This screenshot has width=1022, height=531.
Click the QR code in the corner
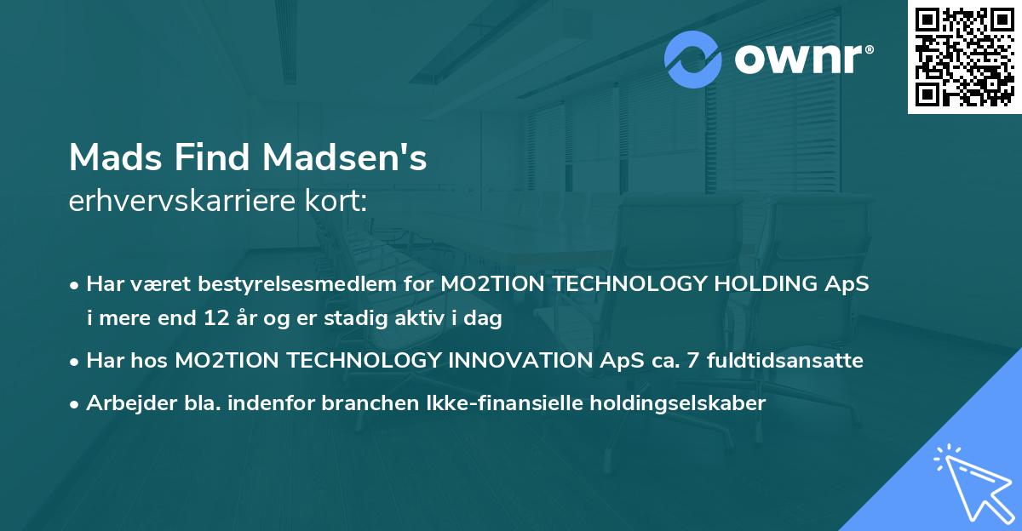[x=964, y=57]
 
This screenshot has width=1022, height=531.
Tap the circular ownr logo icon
[x=693, y=60]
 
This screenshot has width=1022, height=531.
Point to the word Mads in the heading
[x=110, y=157]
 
